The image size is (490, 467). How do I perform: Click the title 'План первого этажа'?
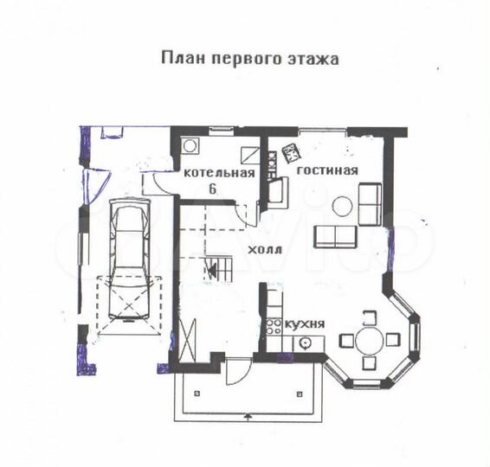pos(249,60)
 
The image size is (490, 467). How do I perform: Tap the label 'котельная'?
pos(219,172)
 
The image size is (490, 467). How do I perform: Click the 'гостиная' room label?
pos(327,170)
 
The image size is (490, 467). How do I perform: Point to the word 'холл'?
pos(264,249)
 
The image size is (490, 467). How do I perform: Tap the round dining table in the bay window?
pos(370,340)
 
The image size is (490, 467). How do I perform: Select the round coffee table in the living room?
pos(344,206)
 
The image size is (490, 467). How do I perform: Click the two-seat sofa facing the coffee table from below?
pos(335,235)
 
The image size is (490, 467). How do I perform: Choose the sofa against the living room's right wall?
pos(371,204)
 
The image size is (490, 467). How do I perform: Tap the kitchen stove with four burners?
pos(273,326)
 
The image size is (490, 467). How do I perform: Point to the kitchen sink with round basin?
pos(305,343)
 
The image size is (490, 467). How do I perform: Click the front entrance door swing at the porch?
pos(235,372)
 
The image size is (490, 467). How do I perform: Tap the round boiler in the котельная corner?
pos(190,146)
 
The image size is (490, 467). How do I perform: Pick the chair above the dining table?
pos(370,317)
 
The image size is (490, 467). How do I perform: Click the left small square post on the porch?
pos(199,392)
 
